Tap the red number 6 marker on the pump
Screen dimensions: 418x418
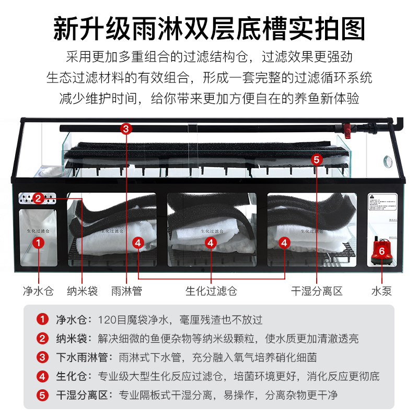[381, 251]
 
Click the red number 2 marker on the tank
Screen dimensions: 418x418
[38, 198]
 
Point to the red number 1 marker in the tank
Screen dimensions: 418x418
[38, 242]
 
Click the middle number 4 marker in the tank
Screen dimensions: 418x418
[210, 242]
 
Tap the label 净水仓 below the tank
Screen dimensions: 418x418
[38, 291]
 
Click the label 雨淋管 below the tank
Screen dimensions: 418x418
[126, 291]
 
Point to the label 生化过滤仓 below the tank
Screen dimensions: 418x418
[211, 291]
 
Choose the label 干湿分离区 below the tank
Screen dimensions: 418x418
[317, 291]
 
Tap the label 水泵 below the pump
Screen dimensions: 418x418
[381, 291]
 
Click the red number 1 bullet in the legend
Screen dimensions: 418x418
[42, 319]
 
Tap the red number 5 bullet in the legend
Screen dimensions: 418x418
[42, 395]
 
